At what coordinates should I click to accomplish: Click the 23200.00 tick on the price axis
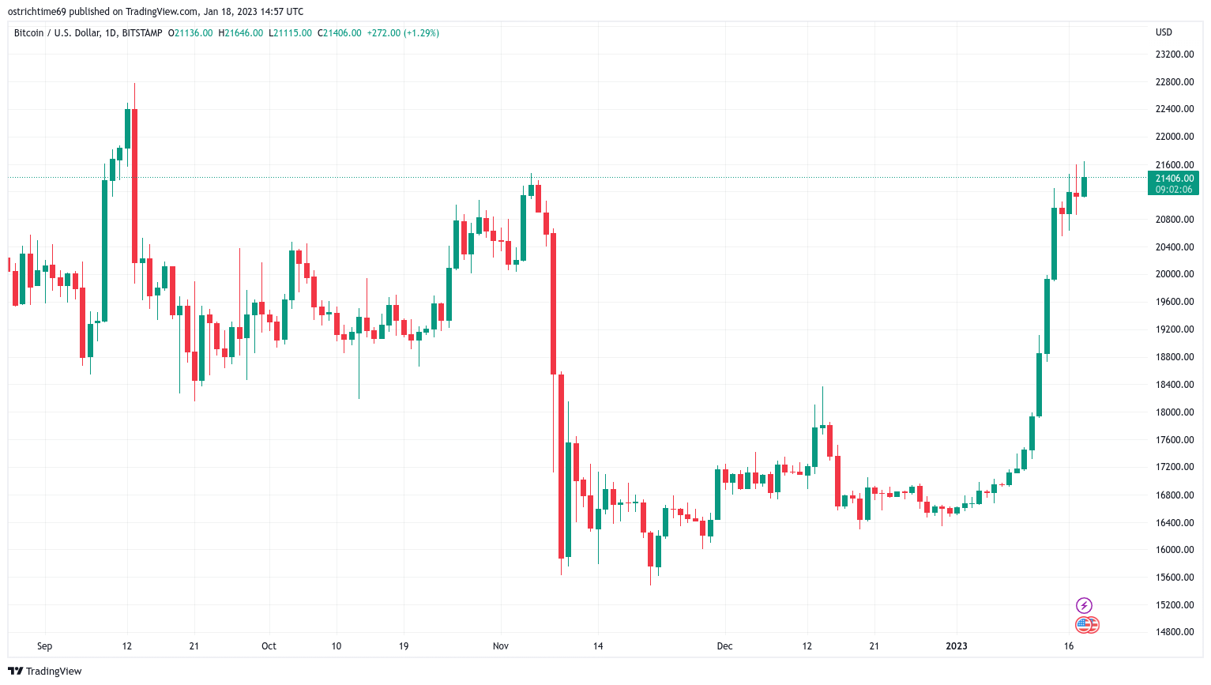[x=1174, y=54]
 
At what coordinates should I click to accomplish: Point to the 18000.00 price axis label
[x=1174, y=412]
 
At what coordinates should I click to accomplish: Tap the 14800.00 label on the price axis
[x=1174, y=631]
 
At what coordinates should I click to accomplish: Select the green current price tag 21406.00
[x=1173, y=183]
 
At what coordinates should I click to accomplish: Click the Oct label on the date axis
[x=269, y=646]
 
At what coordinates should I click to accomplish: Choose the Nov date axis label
[x=501, y=646]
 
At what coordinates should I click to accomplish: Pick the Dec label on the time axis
[x=724, y=646]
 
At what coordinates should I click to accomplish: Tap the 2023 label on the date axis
[x=957, y=646]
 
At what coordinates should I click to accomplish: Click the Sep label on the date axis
[x=44, y=646]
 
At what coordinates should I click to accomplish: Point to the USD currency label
[x=1164, y=32]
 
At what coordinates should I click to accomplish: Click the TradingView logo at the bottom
[x=45, y=671]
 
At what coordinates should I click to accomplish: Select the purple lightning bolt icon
[x=1084, y=605]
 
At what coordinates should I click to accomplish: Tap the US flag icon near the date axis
[x=1084, y=625]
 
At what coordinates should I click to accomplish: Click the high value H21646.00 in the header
[x=241, y=33]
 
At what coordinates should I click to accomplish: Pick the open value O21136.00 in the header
[x=190, y=33]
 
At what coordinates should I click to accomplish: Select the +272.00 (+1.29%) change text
[x=403, y=33]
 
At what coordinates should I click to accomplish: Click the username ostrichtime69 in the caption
[x=37, y=11]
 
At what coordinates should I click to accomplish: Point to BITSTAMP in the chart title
[x=142, y=33]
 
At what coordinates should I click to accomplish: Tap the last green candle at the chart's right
[x=1084, y=186]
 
